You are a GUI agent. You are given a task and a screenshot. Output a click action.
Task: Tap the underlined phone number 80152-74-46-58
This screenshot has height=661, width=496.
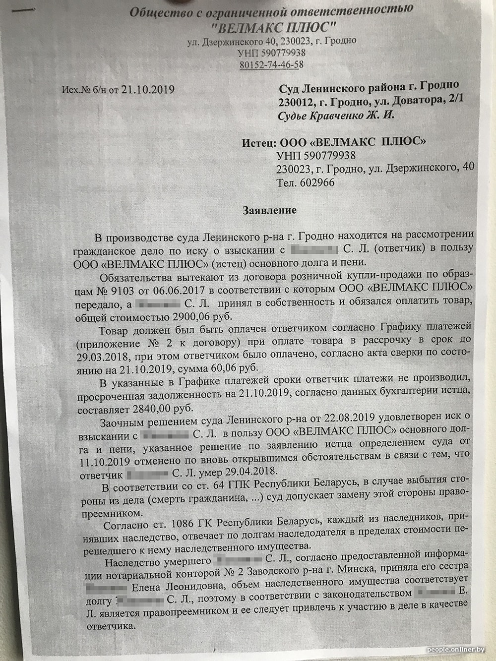(271, 65)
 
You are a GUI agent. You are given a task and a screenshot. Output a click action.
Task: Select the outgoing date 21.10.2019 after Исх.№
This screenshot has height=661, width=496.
(148, 90)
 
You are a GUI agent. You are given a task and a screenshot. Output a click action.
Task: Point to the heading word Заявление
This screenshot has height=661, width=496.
(269, 210)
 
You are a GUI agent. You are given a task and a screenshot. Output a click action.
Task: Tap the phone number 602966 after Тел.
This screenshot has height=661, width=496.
(317, 182)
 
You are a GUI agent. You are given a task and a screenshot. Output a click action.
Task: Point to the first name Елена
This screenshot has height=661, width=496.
(153, 588)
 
